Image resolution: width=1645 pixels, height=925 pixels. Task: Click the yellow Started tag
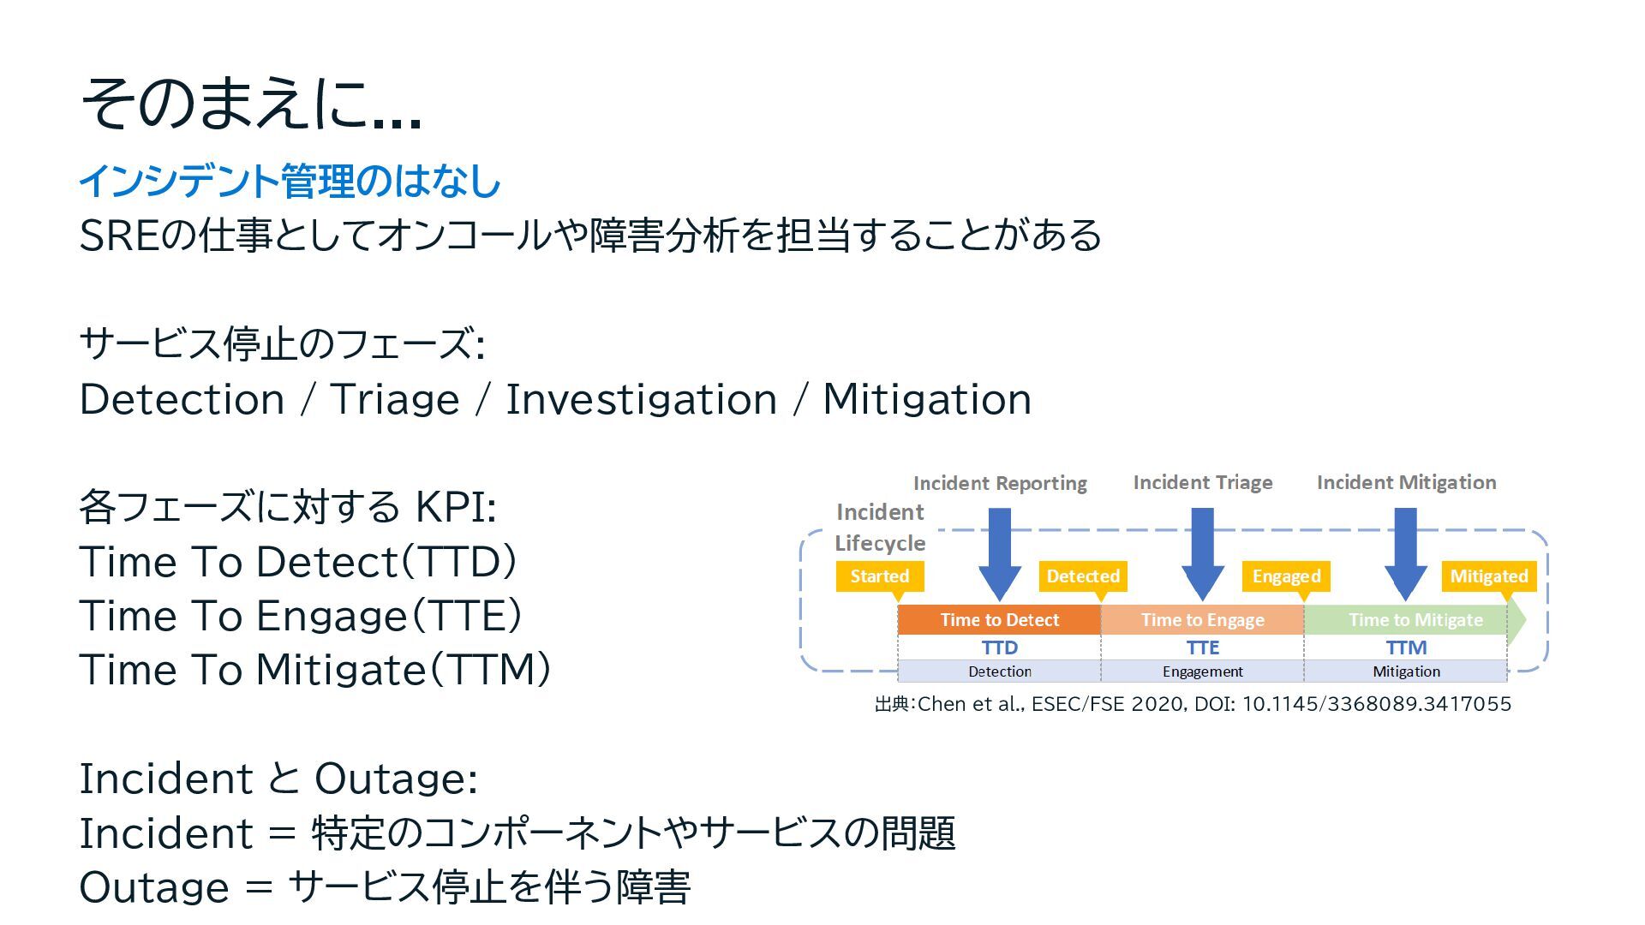(x=879, y=576)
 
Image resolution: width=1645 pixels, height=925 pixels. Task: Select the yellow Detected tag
(x=1083, y=576)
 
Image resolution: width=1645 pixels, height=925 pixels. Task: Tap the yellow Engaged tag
(x=1286, y=576)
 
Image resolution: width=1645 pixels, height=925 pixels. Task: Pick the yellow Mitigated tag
(x=1488, y=576)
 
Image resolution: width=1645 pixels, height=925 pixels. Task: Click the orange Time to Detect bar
(x=999, y=620)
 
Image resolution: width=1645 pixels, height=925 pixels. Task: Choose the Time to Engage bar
(x=1202, y=620)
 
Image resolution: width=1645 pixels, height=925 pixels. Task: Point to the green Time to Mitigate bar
(x=1415, y=620)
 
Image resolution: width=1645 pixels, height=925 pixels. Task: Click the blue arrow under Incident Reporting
(x=999, y=552)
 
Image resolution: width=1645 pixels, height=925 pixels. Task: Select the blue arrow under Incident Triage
(x=1202, y=552)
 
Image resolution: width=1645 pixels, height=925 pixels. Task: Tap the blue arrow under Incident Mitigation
(x=1405, y=552)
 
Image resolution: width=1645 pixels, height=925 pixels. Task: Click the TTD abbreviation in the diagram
(x=999, y=647)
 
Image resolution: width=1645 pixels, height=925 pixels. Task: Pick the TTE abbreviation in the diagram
(x=1202, y=647)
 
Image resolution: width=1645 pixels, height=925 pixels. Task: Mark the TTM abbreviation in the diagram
(x=1406, y=647)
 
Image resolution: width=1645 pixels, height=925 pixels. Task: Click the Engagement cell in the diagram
(x=1202, y=671)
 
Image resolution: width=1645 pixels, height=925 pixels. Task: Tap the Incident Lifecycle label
(x=880, y=528)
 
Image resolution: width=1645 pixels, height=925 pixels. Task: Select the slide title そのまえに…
(x=251, y=104)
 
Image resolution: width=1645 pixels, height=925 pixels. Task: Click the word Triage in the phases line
(x=394, y=399)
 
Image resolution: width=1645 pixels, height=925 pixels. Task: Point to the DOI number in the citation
(x=1376, y=704)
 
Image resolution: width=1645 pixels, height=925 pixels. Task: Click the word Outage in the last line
(x=154, y=887)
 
